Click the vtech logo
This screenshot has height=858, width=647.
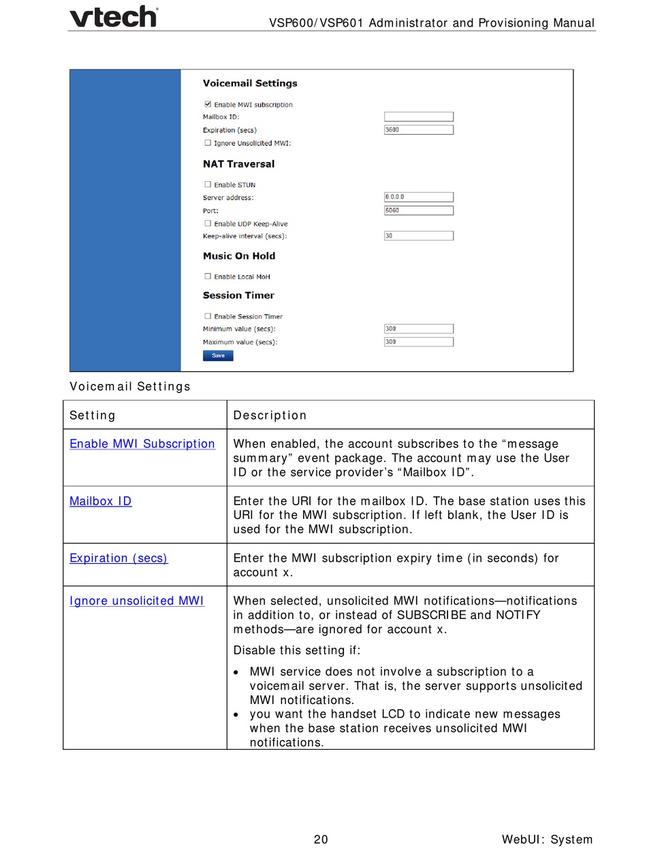pos(114,16)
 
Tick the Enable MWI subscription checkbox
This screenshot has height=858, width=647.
pos(207,104)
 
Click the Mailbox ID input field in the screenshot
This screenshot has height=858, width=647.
pos(419,117)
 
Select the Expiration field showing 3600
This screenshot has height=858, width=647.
pos(419,130)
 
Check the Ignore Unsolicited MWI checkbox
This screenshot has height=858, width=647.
pos(207,143)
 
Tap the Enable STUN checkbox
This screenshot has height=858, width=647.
pos(207,185)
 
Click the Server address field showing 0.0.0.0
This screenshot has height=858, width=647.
pos(419,197)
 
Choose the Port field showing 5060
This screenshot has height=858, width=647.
pos(419,210)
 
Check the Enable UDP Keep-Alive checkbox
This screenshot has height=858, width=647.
pos(207,223)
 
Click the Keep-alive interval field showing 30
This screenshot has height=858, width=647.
pos(419,236)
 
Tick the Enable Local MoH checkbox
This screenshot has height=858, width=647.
pos(207,276)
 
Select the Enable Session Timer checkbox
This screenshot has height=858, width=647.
pos(207,316)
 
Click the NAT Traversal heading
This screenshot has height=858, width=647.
pos(238,164)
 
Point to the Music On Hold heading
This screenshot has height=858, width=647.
pos(239,256)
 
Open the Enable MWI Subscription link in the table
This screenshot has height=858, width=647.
pos(142,444)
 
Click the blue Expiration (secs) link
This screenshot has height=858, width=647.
pos(119,558)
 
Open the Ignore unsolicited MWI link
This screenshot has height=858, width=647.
pos(137,601)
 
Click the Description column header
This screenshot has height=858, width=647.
pos(270,415)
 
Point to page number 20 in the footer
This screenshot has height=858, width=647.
pos(321,840)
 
